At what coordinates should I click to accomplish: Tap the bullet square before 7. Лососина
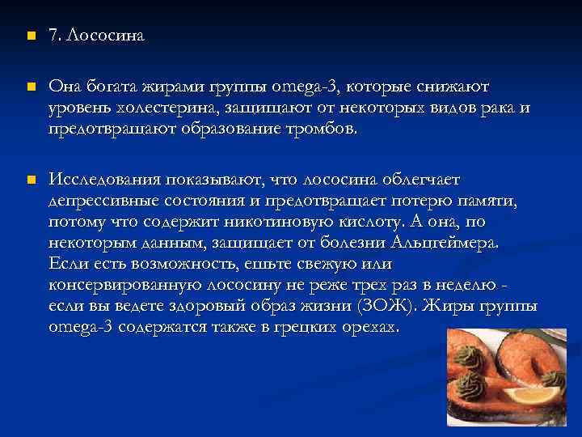pos(29,37)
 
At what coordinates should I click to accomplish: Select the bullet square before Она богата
pos(29,86)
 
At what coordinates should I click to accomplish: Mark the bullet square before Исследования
pos(29,179)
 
